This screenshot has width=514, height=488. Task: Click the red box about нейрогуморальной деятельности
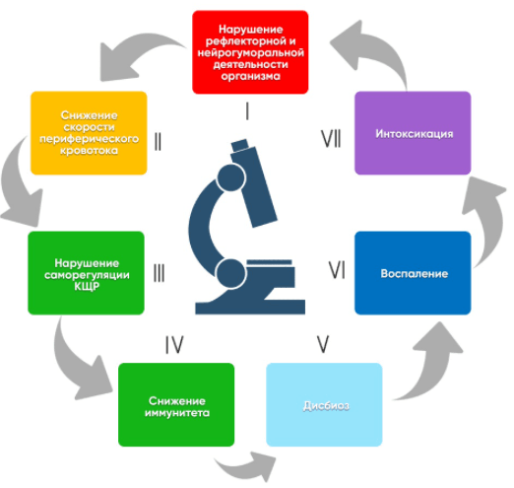pos(250,52)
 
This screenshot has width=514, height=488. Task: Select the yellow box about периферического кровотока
pos(89,133)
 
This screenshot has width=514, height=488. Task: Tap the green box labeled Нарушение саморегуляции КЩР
pos(86,273)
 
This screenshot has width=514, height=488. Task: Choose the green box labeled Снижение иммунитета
pos(176,404)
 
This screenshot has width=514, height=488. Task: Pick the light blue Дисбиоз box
pos(324,404)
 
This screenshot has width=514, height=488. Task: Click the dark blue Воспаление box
pos(413,273)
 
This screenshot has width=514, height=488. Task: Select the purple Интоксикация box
pos(413,133)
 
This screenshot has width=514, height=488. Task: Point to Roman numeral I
pos(247,111)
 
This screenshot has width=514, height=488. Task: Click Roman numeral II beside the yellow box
pos(158,142)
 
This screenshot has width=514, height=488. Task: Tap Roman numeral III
pos(160,273)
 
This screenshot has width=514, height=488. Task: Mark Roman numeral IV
pos(174,345)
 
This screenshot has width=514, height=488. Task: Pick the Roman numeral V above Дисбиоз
pos(323,344)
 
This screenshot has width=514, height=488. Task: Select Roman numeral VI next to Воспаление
pos(337,270)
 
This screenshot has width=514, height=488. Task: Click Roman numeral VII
pos(331,138)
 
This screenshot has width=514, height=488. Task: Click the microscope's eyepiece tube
pos(254,183)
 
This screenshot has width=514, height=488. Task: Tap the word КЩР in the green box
pos(87,286)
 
